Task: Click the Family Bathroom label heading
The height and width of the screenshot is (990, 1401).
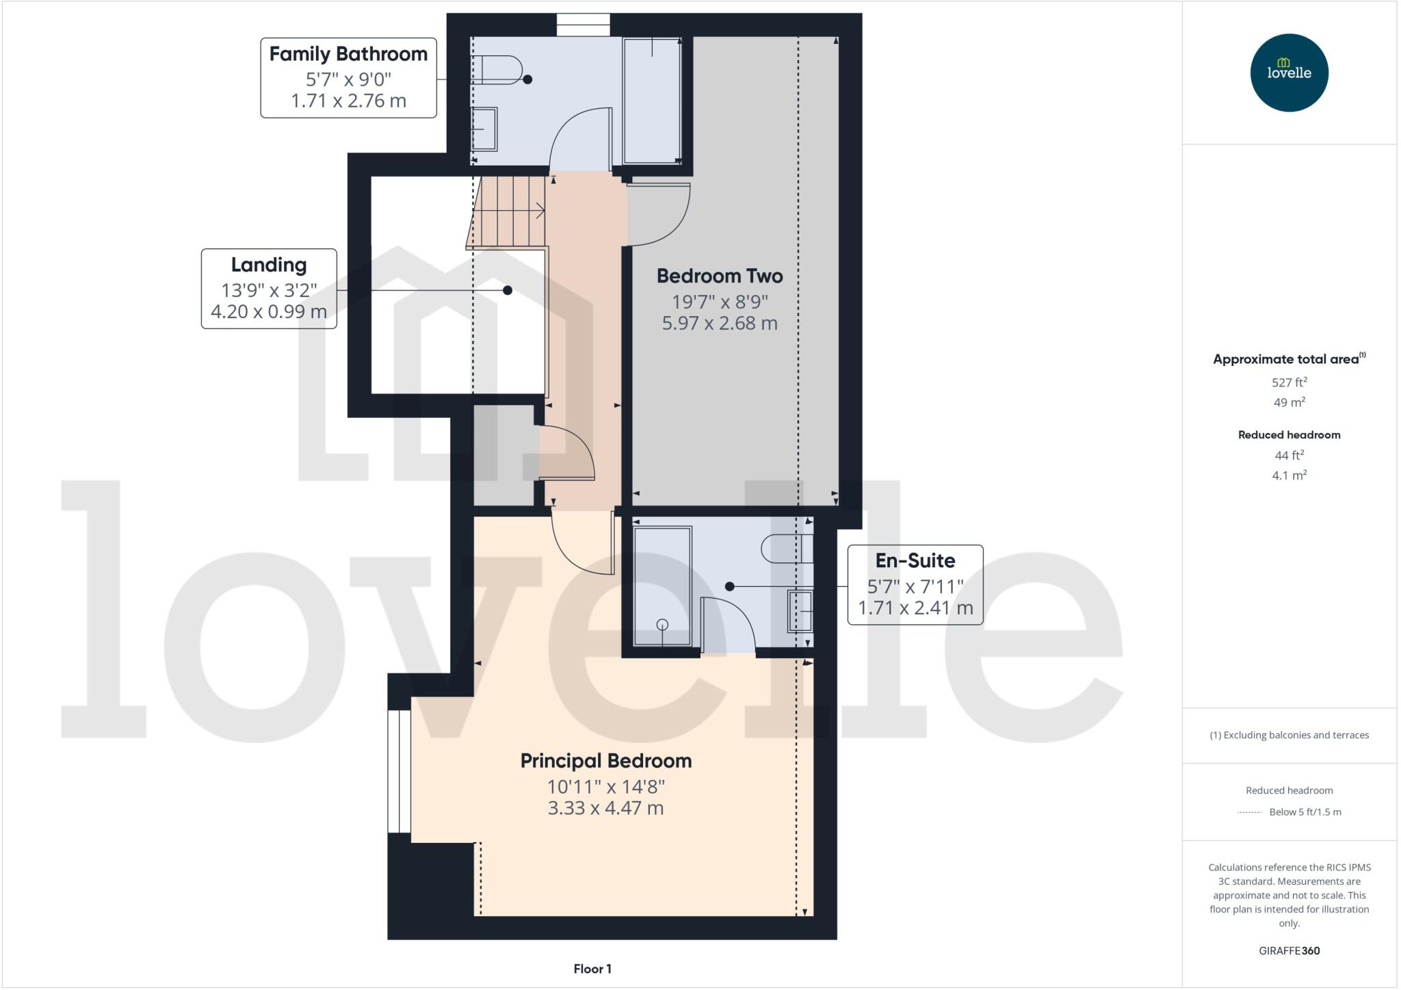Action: [348, 54]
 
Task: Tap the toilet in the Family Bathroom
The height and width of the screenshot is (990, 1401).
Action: [497, 70]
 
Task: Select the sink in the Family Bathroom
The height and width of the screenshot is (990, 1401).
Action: [484, 129]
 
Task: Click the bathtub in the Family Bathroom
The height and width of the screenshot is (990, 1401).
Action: [652, 101]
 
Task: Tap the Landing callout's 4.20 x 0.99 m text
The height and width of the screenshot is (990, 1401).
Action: [269, 312]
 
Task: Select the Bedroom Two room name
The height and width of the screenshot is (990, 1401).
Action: [720, 276]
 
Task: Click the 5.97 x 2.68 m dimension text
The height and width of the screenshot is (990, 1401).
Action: [720, 323]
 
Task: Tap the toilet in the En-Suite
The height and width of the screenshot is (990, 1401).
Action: [787, 548]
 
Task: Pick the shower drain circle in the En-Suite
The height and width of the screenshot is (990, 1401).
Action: [662, 624]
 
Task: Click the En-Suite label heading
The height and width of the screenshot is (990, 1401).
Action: [915, 561]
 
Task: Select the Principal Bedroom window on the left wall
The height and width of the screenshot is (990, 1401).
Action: [399, 771]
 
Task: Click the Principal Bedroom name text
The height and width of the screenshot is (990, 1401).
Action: [606, 761]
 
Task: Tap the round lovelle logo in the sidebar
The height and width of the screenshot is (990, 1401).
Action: [1289, 73]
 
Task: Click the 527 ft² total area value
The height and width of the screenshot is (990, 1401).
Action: [1289, 382]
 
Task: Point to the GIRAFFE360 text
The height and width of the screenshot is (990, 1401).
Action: [1289, 950]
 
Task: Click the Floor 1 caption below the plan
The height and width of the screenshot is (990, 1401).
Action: [592, 969]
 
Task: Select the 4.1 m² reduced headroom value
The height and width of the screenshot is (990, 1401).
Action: [1289, 475]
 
